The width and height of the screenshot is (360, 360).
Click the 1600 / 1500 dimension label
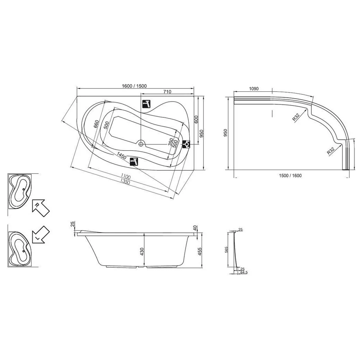click(x=134, y=86)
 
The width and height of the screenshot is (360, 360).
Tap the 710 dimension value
click(x=167, y=92)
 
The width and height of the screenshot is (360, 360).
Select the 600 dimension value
click(x=196, y=120)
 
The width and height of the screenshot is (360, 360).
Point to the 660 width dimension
click(x=96, y=124)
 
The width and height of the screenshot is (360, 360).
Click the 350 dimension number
click(x=170, y=142)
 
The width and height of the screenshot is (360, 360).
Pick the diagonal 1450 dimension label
click(x=121, y=156)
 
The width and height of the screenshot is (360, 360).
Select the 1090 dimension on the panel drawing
click(x=254, y=89)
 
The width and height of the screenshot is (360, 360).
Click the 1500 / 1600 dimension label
click(x=290, y=176)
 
